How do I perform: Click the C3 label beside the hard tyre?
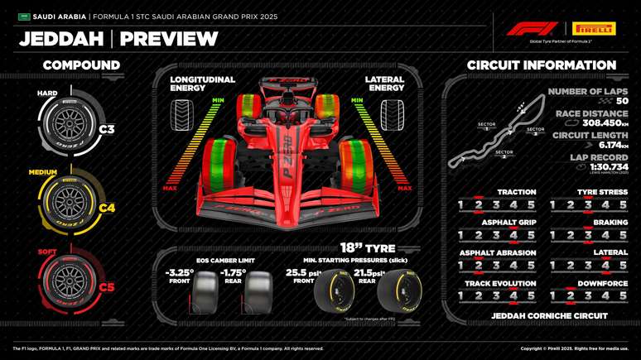107,129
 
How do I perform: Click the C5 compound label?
107,287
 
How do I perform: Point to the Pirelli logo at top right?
595,29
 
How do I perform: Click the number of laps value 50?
622,101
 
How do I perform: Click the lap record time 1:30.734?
608,166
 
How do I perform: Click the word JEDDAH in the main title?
61,39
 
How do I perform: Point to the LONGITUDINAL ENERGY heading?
202,84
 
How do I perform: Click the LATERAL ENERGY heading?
384,84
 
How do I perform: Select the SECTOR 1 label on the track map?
487,126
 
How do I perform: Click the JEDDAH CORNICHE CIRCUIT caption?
549,316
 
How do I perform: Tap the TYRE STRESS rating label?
603,192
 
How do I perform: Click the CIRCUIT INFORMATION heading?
542,65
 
